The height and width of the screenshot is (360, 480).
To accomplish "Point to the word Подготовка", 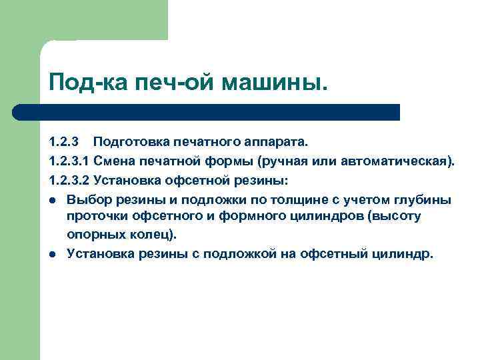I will coord(131,142).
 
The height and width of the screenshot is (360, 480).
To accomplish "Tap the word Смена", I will coord(115,161).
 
